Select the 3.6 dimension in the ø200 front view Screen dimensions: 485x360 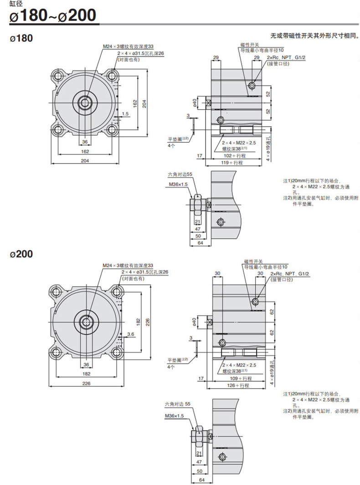[x=131, y=334]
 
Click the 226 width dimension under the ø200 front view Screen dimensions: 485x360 [x=87, y=383]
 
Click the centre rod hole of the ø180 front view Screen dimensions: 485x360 [x=85, y=102]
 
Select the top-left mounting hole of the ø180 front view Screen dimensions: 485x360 [x=58, y=76]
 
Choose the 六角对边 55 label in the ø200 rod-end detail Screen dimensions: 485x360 [x=178, y=403]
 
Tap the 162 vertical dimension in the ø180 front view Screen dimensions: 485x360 [x=135, y=103]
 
